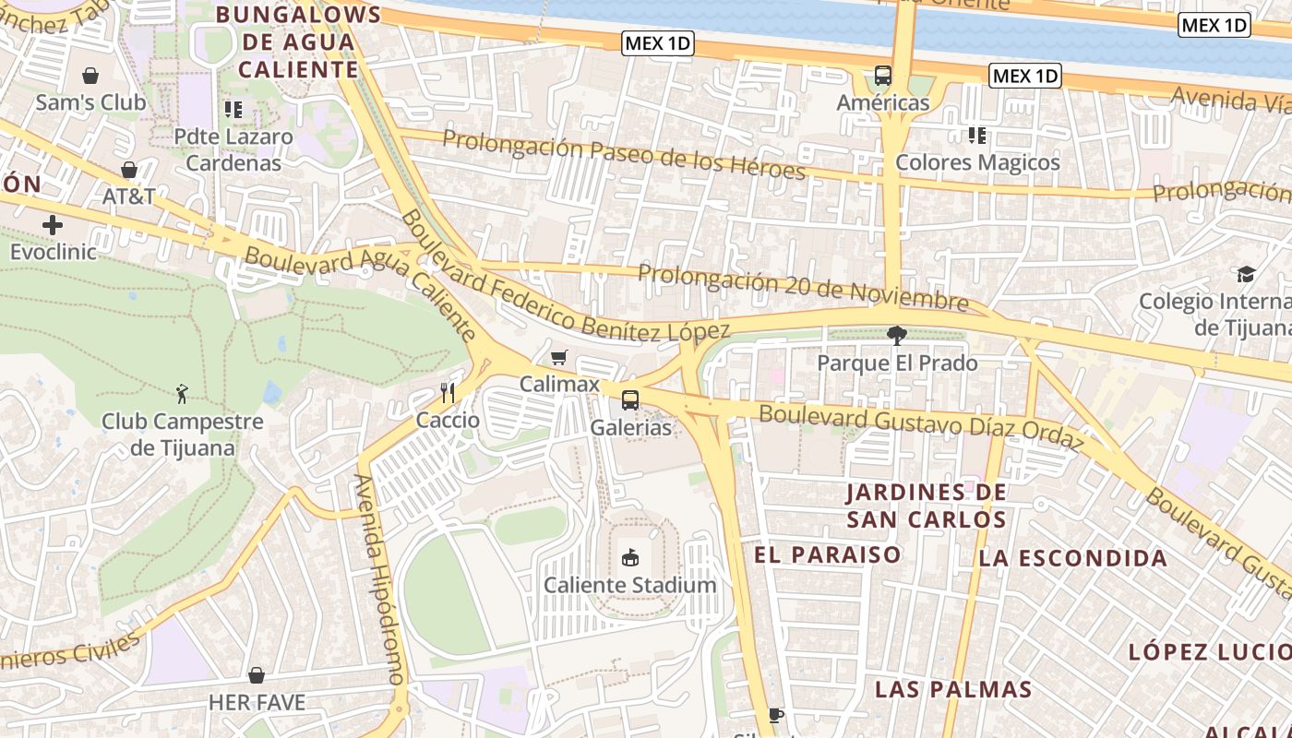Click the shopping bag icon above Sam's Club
pos(90,75)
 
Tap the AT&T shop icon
pos(128,170)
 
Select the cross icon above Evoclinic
pos(53,224)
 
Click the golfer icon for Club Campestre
pos(182,395)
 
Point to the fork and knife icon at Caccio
pos(448,393)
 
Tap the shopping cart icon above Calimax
pos(558,357)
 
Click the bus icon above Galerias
pos(630,400)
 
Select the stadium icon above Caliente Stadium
pos(630,557)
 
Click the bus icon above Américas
pos(883,76)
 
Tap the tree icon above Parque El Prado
pos(896,336)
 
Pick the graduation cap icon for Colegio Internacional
pos(1246,274)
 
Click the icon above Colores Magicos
pos(977,136)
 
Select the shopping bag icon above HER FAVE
pos(257,675)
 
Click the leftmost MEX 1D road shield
pos(658,43)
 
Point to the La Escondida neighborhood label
pos(1072,558)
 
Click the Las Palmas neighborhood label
pos(952,689)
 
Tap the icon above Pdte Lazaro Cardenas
pos(233,110)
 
